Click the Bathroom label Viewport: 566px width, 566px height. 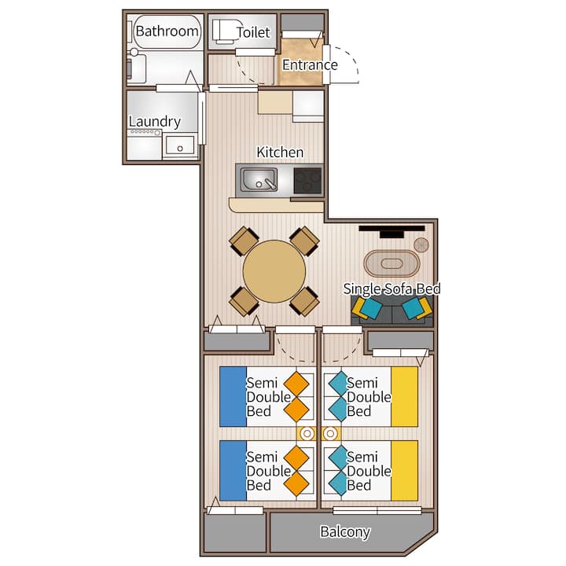[x=167, y=31]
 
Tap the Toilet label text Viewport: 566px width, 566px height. [x=253, y=32]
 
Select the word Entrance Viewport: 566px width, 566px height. [x=310, y=65]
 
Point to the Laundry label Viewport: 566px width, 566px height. [x=155, y=122]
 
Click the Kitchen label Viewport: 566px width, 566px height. [x=280, y=152]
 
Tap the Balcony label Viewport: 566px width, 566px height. [x=345, y=531]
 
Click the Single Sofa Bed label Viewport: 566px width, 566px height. [x=391, y=289]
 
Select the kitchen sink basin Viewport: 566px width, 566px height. [x=259, y=179]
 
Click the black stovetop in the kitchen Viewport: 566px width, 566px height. [x=307, y=181]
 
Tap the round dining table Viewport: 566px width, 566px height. [x=274, y=271]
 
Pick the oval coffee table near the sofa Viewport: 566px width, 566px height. [x=391, y=263]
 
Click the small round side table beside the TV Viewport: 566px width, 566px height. [x=421, y=245]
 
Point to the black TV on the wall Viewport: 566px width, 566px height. [x=391, y=231]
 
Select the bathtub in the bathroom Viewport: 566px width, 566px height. [x=167, y=31]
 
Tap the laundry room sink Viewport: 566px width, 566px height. [x=180, y=145]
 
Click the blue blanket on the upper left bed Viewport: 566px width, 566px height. [x=233, y=397]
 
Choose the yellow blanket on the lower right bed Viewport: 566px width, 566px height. [x=405, y=471]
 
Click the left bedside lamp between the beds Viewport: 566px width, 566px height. [x=307, y=433]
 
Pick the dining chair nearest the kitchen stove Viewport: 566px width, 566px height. [x=305, y=241]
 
